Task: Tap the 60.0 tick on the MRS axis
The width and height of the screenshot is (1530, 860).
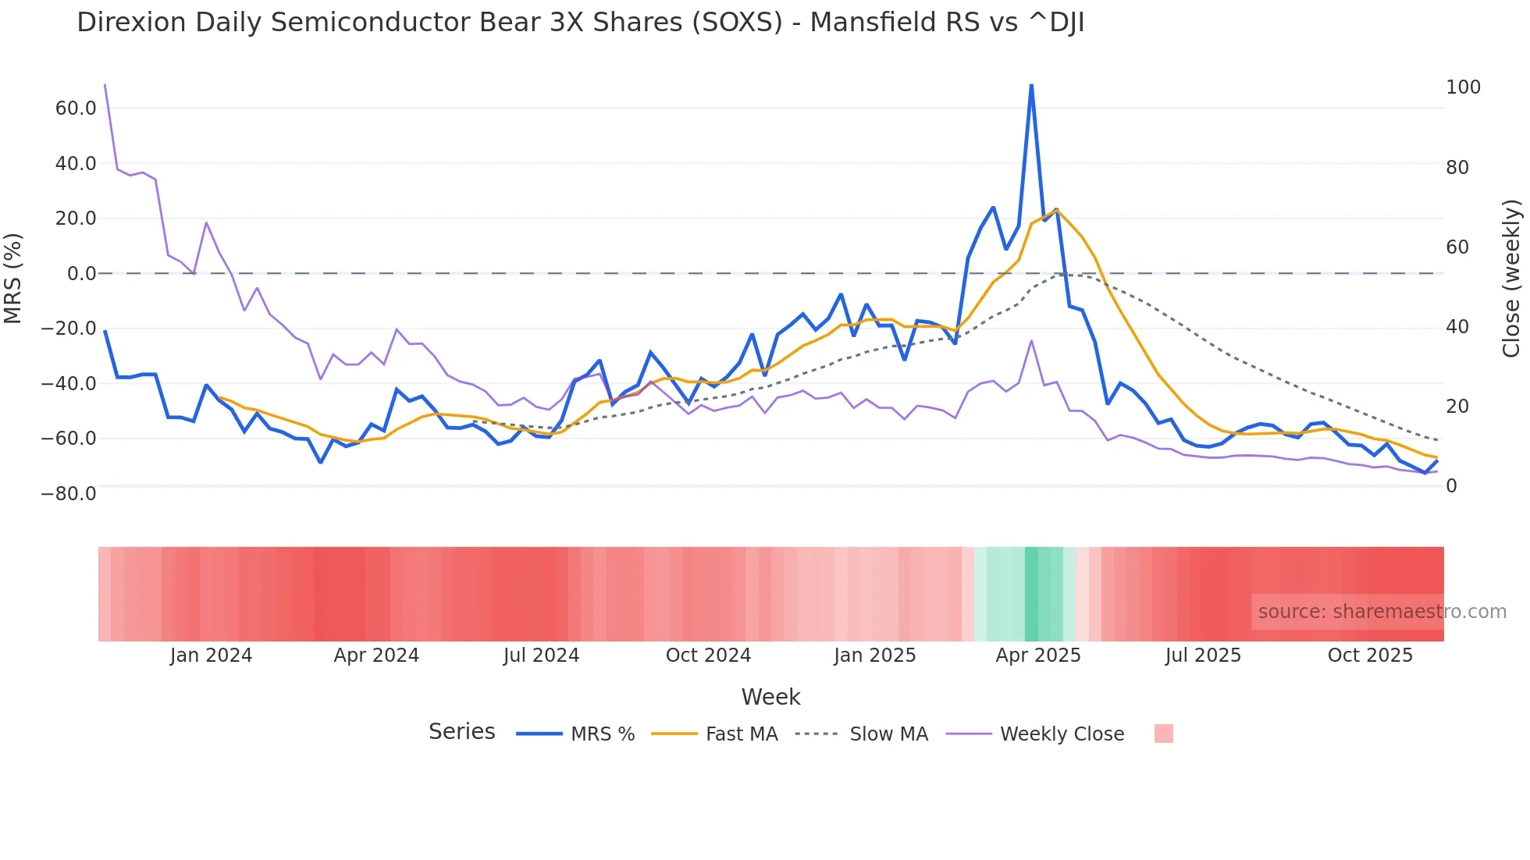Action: point(76,108)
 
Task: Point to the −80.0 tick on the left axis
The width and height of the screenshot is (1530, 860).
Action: point(69,494)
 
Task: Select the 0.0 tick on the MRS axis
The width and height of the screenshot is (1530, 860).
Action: point(81,274)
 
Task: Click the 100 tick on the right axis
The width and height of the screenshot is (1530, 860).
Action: point(1463,87)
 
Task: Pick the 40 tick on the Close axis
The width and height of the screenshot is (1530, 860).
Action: point(1457,327)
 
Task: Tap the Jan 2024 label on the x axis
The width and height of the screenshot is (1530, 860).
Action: point(211,656)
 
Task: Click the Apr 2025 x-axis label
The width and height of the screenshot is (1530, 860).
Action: point(1038,656)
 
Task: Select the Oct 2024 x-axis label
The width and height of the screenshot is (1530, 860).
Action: point(708,656)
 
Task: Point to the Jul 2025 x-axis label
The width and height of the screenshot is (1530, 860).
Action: point(1203,656)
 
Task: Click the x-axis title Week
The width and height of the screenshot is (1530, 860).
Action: point(770,697)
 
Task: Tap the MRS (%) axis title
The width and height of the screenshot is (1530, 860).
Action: point(13,279)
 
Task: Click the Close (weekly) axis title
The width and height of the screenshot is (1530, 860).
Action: point(1511,279)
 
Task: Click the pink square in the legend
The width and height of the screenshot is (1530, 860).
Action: point(1163,734)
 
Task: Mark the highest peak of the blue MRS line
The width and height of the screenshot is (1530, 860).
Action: point(1031,85)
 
